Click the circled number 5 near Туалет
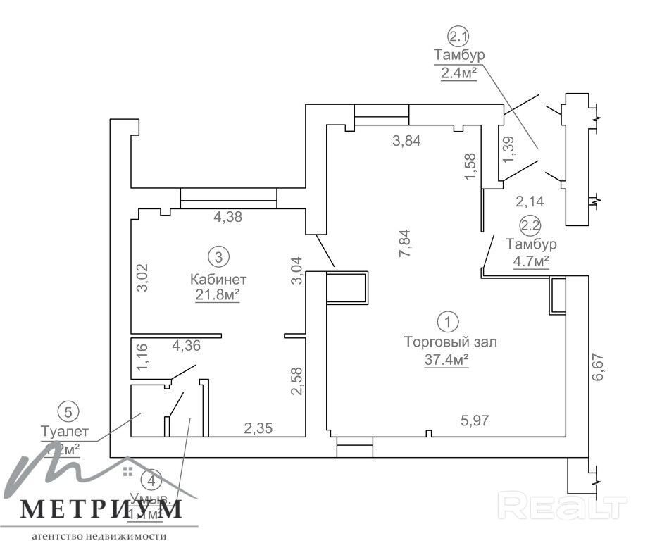(x=68, y=411)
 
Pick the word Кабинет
(x=218, y=279)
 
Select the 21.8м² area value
(x=218, y=295)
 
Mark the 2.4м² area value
(x=459, y=72)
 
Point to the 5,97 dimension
(x=475, y=420)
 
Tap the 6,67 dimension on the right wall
(x=599, y=367)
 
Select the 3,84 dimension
(x=406, y=140)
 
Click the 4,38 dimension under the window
(x=227, y=218)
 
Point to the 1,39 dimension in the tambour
(x=510, y=149)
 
